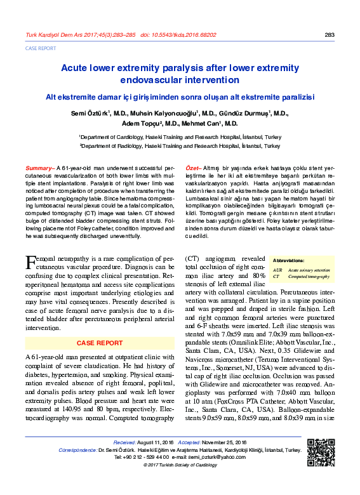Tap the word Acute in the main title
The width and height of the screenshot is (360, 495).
click(76, 67)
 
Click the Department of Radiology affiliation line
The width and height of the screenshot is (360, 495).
click(180, 146)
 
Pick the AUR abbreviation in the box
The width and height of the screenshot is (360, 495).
click(277, 270)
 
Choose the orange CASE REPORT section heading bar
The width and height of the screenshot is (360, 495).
click(100, 343)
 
